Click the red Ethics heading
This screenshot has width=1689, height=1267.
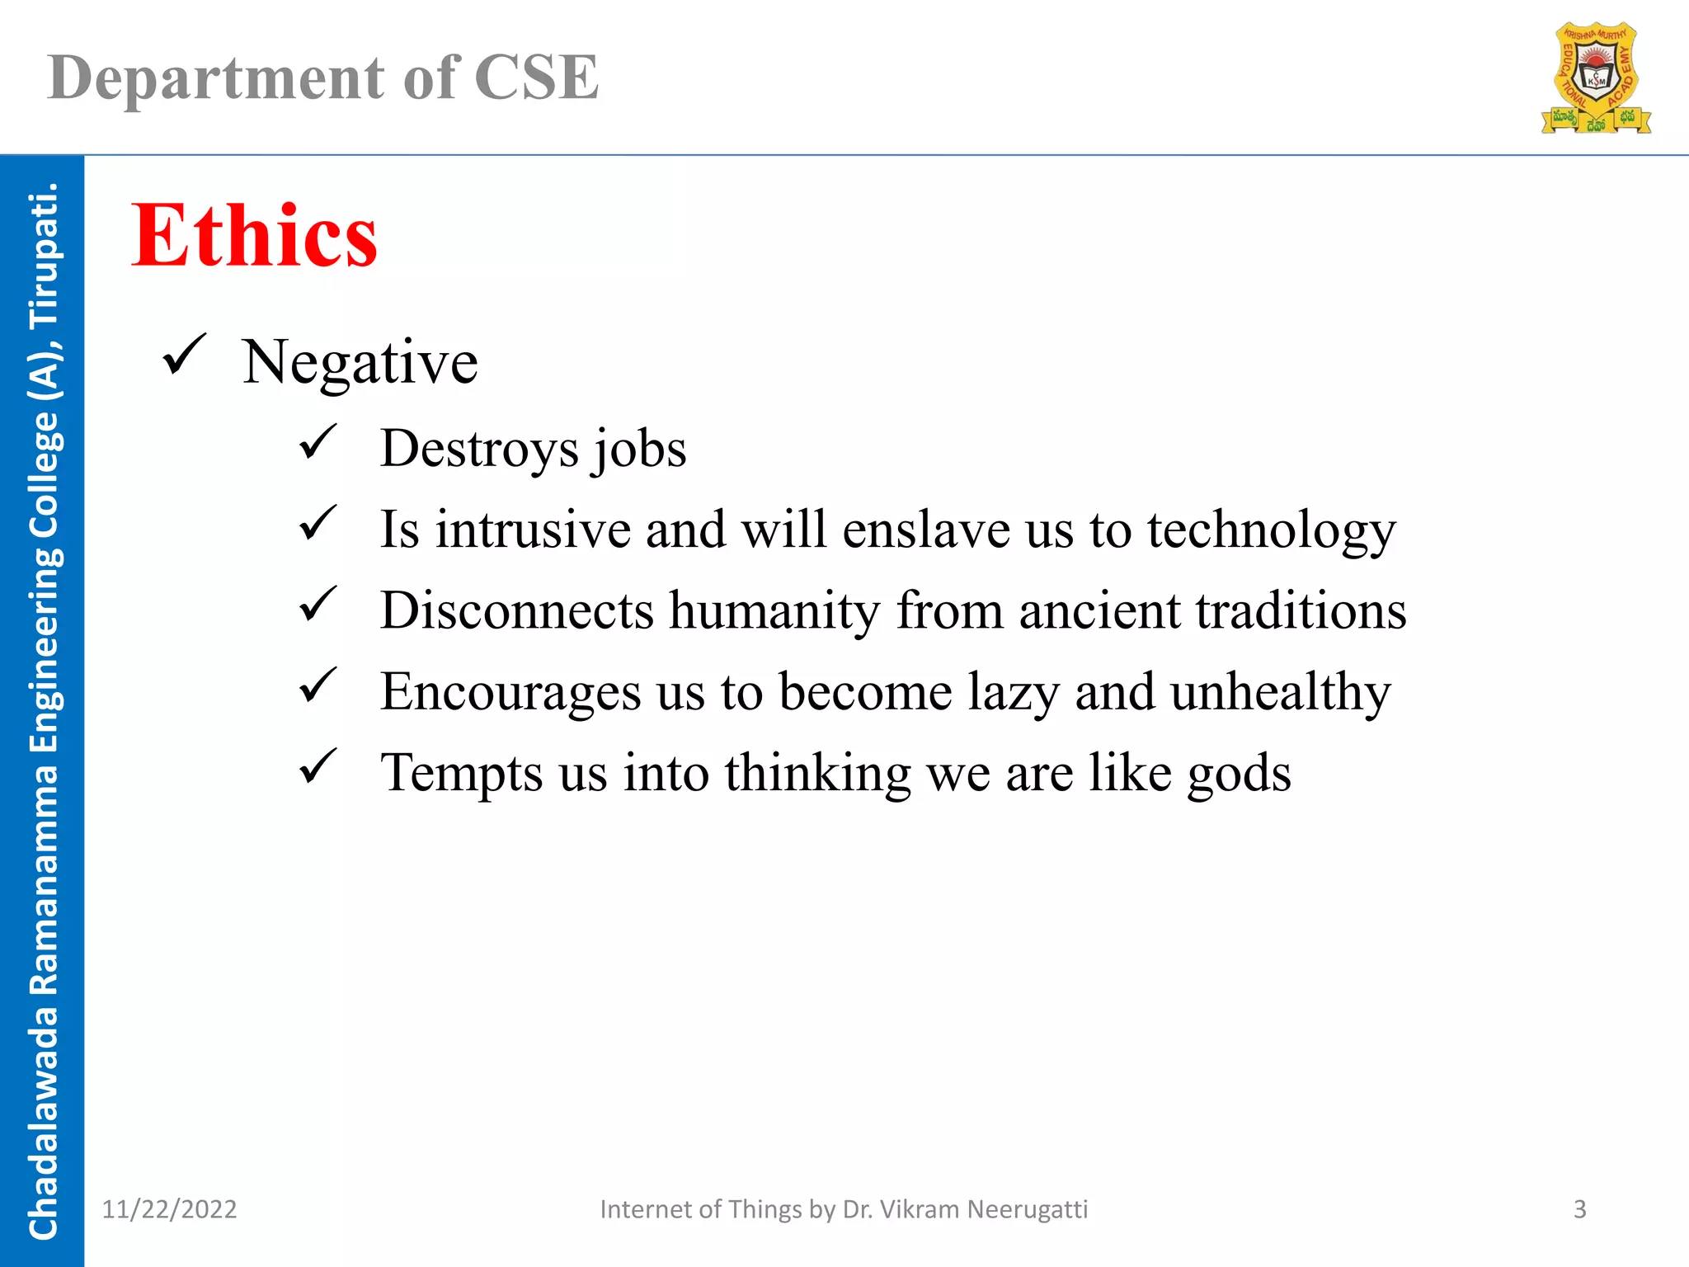coord(254,237)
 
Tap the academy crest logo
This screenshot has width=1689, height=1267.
coord(1596,79)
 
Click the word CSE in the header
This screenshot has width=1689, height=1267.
coord(536,78)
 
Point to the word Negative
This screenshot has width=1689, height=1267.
coord(360,363)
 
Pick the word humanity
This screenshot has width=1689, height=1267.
coord(774,612)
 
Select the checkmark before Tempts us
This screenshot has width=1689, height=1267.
coord(318,766)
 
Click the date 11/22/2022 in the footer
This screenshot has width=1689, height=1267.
coord(169,1209)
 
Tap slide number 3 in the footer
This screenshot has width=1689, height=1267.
coord(1579,1209)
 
